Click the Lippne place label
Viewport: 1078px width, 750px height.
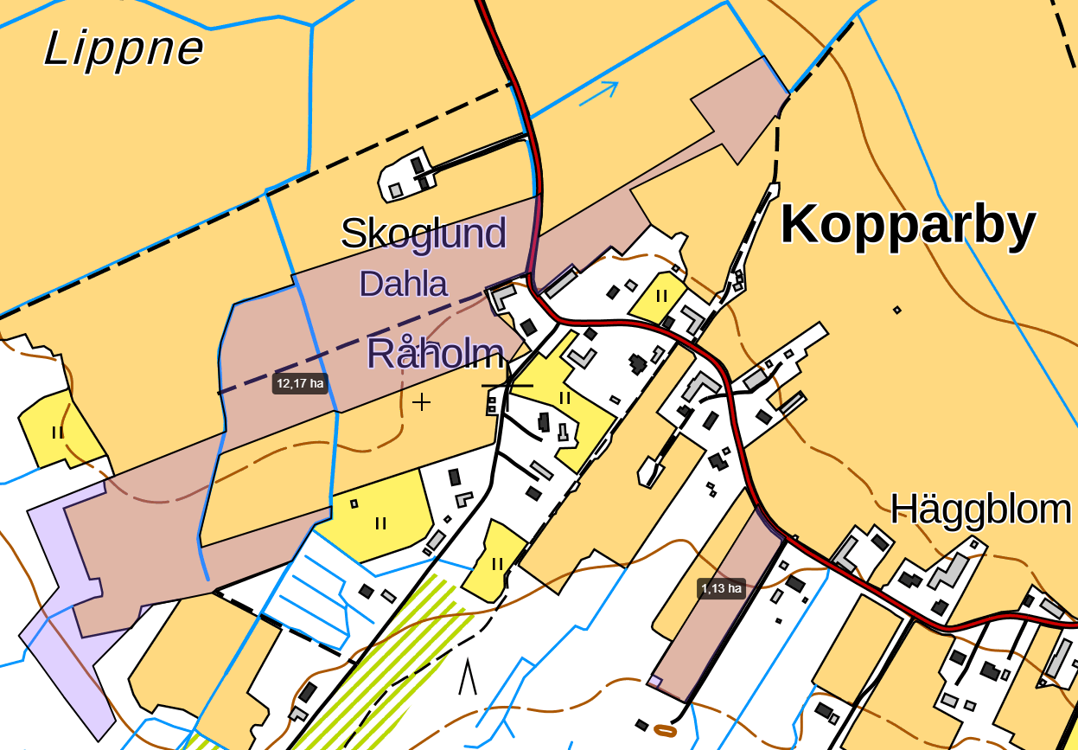click(x=124, y=48)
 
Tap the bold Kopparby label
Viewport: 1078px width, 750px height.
click(x=907, y=226)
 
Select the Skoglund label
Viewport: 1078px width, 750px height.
click(x=423, y=234)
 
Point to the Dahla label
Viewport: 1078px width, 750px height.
click(x=403, y=284)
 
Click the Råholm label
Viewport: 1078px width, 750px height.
click(x=435, y=354)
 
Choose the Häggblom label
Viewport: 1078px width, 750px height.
click(x=980, y=510)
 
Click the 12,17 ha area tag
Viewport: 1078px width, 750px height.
click(x=300, y=383)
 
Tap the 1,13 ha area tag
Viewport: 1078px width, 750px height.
click(x=722, y=589)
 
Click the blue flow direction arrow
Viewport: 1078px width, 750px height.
click(x=599, y=93)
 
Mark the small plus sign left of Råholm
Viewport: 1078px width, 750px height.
click(x=421, y=401)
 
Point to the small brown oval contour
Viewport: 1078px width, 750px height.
click(x=665, y=730)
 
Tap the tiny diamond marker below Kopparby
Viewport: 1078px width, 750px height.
click(x=896, y=310)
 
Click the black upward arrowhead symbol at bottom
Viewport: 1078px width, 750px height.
click(x=468, y=677)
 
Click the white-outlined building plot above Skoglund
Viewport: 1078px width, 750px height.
click(x=406, y=177)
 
